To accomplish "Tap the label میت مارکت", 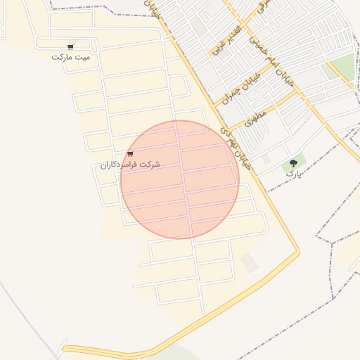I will point(72,56).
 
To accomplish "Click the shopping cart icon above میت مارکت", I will point(70,46).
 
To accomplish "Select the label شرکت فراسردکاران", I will point(130,164).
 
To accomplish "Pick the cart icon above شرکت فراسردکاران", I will point(130,154).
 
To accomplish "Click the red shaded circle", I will point(180,179).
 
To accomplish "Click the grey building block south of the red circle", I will point(249,263).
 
